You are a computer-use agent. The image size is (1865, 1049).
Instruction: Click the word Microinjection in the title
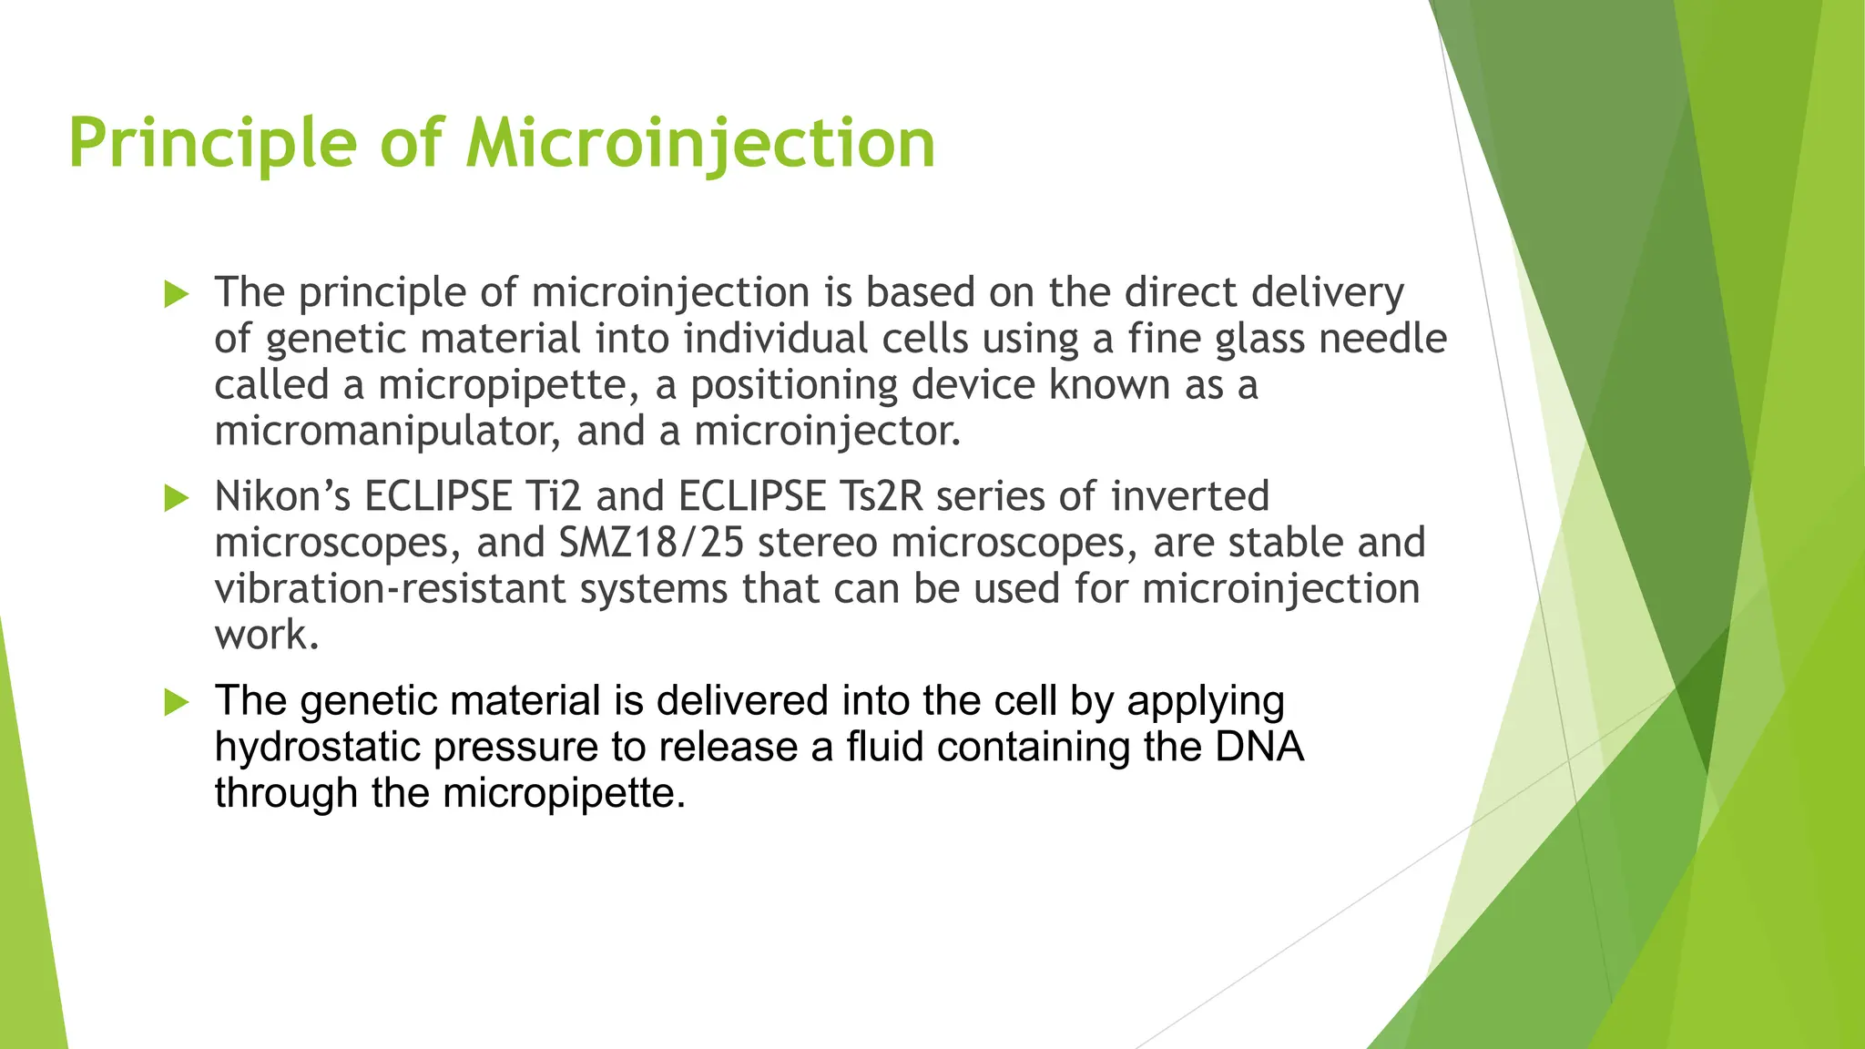(700, 144)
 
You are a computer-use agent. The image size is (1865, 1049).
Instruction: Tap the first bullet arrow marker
(176, 294)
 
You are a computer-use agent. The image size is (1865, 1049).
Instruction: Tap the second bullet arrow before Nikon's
(176, 498)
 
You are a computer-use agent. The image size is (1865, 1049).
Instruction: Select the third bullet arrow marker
(176, 702)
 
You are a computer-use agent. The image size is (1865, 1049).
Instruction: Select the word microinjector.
(828, 432)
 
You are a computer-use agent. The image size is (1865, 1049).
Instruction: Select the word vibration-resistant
(390, 589)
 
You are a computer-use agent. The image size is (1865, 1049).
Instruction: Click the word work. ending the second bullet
(267, 636)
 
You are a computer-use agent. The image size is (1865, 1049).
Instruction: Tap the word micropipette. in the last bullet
(564, 793)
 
